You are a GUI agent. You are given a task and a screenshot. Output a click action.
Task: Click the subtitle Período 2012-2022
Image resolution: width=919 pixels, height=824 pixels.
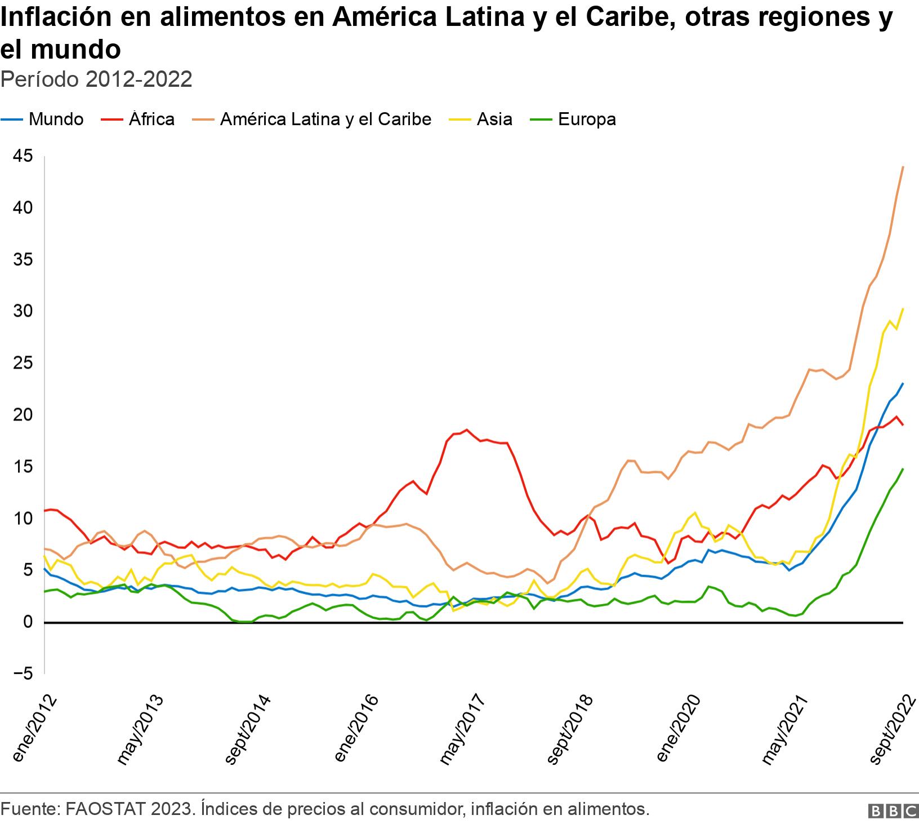(96, 79)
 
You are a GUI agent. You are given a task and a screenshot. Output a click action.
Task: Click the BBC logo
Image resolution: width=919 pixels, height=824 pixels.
(894, 811)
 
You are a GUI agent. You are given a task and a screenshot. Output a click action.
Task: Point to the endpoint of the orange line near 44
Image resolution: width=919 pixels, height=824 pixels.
(903, 167)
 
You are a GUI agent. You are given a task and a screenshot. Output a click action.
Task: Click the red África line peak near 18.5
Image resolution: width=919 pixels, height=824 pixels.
(466, 429)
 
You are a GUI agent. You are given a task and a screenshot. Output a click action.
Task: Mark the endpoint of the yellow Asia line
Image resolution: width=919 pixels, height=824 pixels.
(903, 308)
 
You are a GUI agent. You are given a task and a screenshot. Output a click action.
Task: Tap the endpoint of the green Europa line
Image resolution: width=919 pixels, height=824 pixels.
(903, 468)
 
